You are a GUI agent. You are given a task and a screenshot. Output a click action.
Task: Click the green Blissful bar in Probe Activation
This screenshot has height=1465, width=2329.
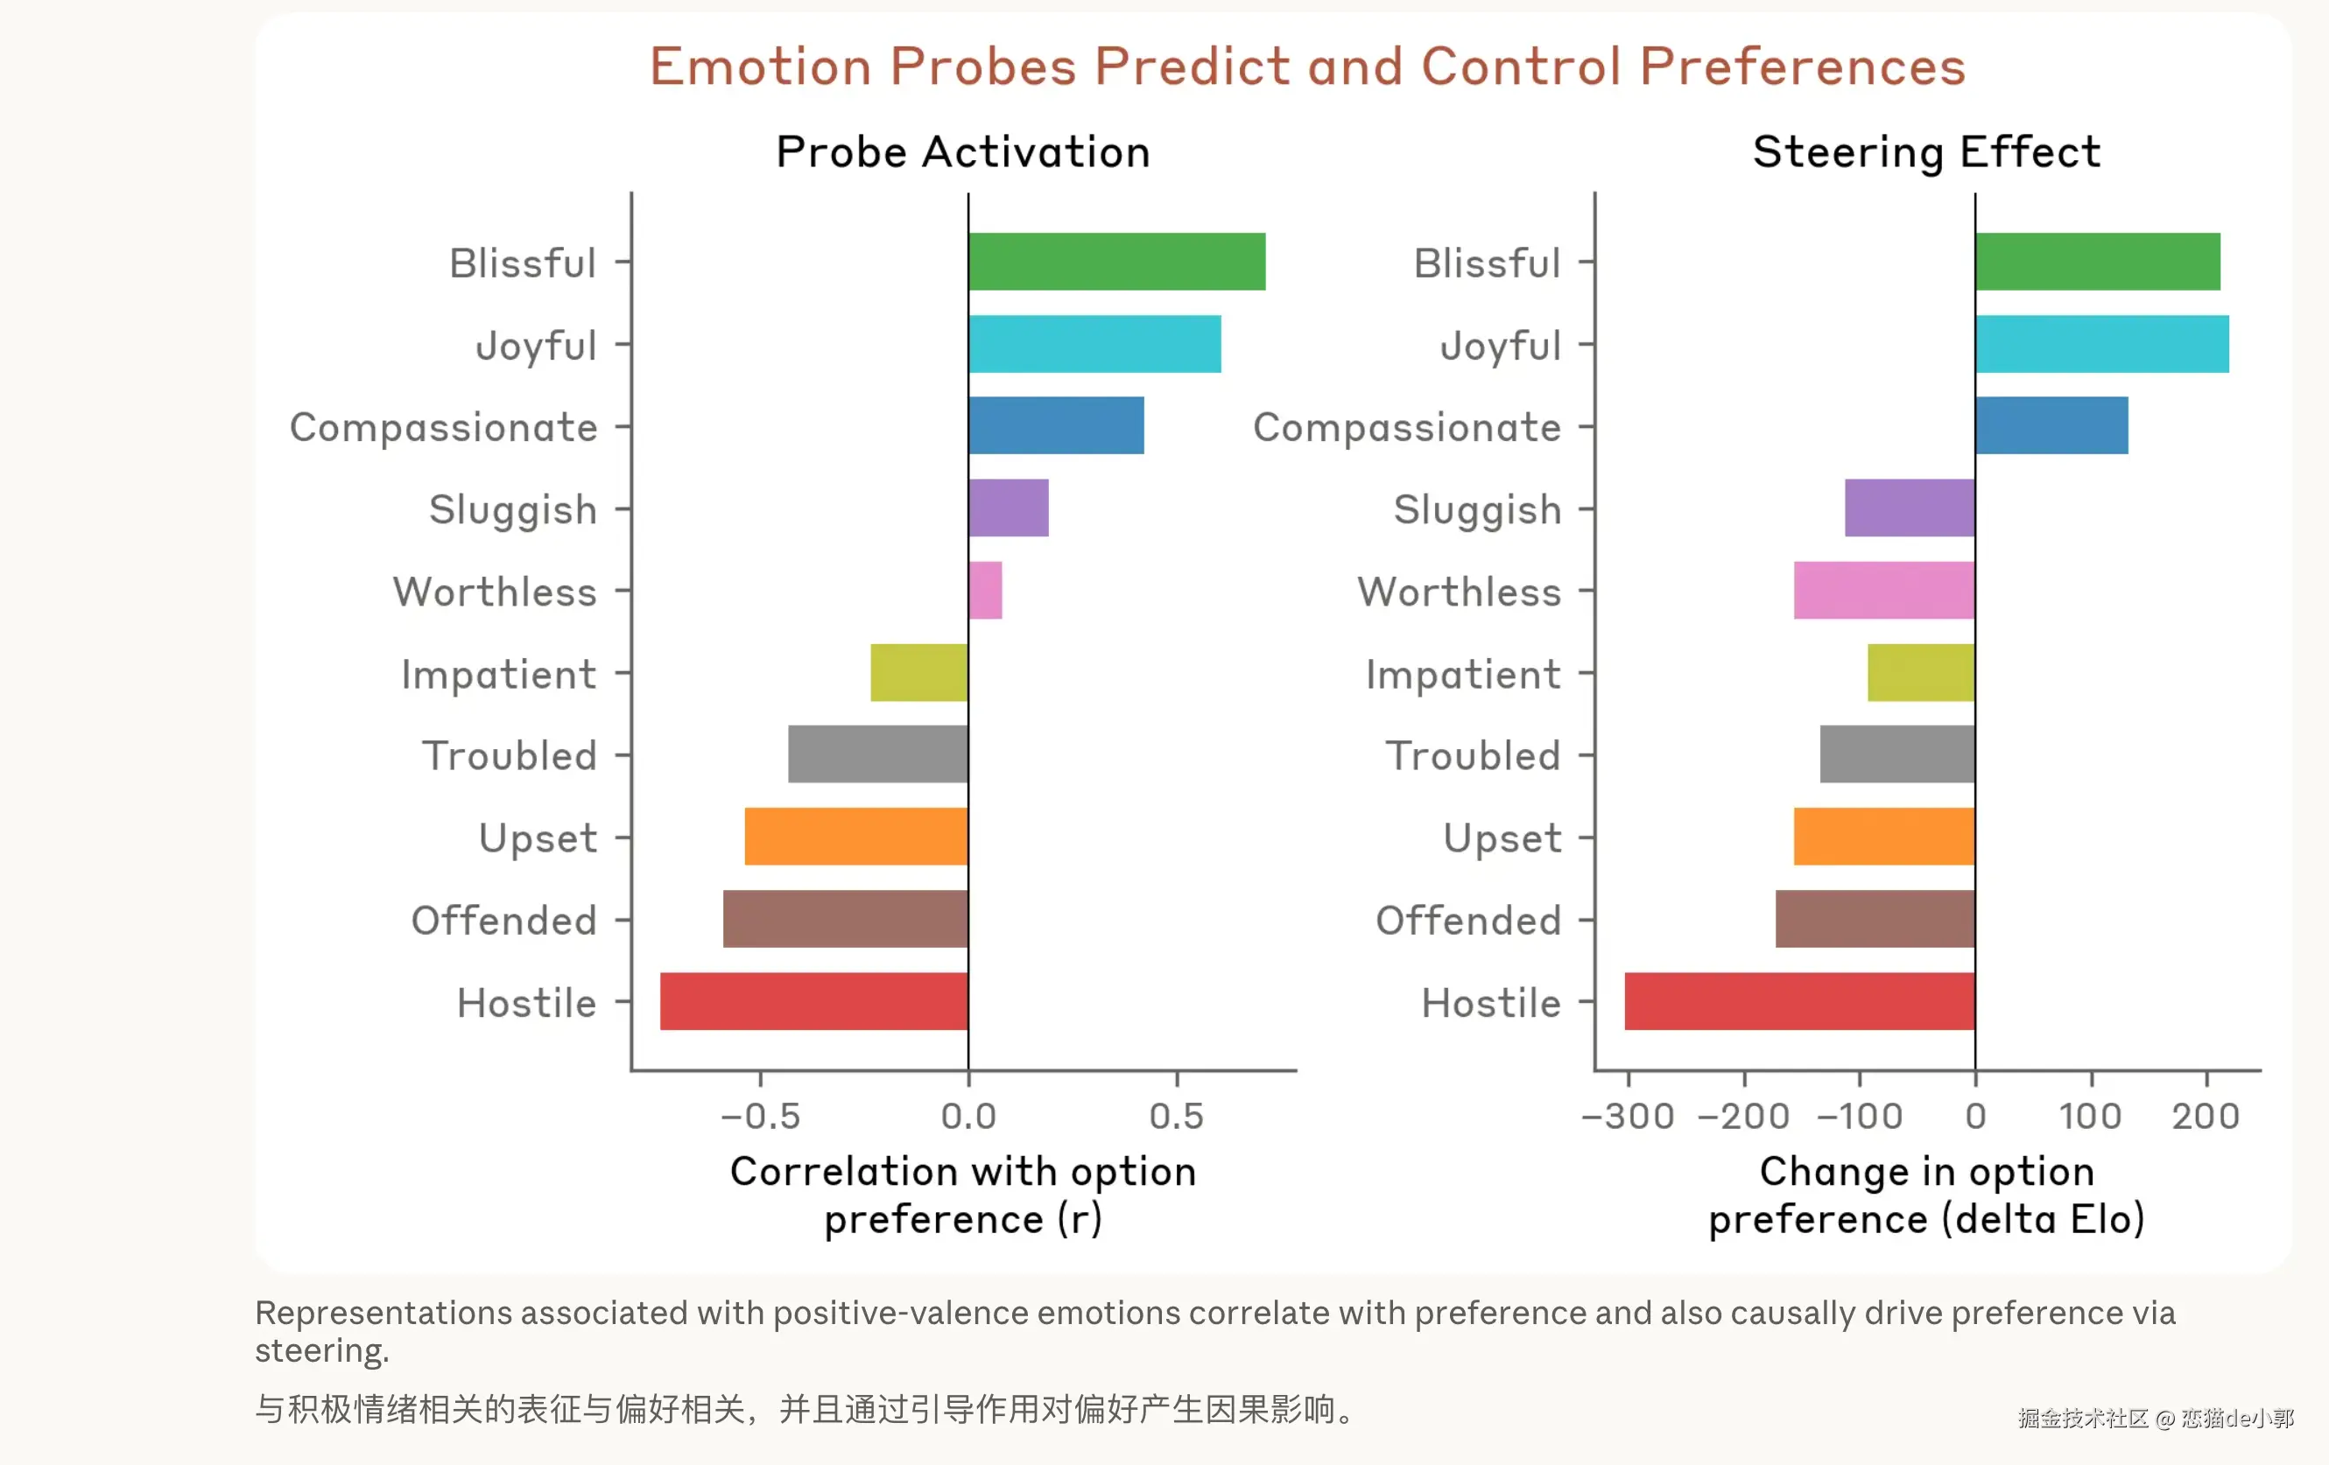pyautogui.click(x=1116, y=261)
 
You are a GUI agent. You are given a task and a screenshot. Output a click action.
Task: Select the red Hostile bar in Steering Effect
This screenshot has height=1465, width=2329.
pyautogui.click(x=1799, y=1001)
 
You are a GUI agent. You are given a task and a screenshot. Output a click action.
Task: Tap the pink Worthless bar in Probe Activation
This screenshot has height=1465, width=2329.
pyautogui.click(x=986, y=590)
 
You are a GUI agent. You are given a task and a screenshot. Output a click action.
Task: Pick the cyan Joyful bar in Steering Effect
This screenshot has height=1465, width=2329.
pyautogui.click(x=2101, y=343)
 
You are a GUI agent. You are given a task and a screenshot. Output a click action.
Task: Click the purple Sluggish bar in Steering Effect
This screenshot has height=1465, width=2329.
pyautogui.click(x=1910, y=508)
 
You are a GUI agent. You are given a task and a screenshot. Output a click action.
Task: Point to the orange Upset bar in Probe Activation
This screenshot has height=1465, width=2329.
pyautogui.click(x=856, y=837)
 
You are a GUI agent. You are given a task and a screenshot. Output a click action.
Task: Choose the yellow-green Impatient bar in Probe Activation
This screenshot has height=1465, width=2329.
pyautogui.click(x=918, y=672)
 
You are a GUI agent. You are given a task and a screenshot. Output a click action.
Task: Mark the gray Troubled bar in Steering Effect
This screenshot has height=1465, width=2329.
pyautogui.click(x=1896, y=754)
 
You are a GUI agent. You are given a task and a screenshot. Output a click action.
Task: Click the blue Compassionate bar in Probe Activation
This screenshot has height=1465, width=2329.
pyautogui.click(x=1055, y=425)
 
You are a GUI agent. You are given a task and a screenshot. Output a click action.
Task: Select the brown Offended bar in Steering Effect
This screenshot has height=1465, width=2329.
pyautogui.click(x=1875, y=919)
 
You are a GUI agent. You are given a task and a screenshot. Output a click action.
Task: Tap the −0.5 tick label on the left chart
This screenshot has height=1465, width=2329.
pyautogui.click(x=760, y=1116)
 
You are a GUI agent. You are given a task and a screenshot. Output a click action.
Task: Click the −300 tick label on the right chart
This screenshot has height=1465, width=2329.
pyautogui.click(x=1627, y=1116)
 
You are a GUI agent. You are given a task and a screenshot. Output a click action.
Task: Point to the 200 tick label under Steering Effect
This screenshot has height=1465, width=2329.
pyautogui.click(x=2206, y=1116)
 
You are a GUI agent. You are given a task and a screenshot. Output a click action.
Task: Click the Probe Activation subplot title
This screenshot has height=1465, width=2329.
pyautogui.click(x=963, y=151)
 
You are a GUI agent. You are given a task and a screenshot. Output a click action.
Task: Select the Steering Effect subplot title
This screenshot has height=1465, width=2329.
pyautogui.click(x=1926, y=151)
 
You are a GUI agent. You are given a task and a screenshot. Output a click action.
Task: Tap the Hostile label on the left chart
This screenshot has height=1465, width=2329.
pyautogui.click(x=526, y=1003)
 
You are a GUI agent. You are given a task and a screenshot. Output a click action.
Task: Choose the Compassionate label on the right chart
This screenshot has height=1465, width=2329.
pyautogui.click(x=1406, y=426)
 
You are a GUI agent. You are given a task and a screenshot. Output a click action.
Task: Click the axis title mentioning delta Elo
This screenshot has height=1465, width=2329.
pyautogui.click(x=1926, y=1195)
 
